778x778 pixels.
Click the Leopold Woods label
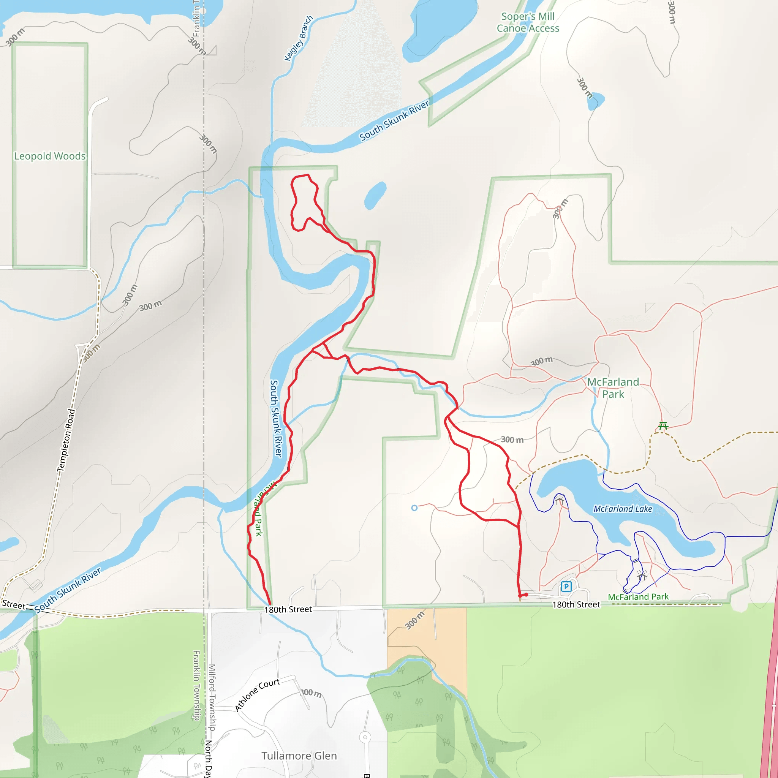[x=50, y=156]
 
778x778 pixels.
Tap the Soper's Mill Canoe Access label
[x=528, y=22]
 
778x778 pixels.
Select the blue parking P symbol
[x=566, y=586]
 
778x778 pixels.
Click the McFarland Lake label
[x=623, y=509]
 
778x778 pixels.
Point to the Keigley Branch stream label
[x=298, y=38]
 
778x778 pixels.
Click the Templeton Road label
[x=66, y=440]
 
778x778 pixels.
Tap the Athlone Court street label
[x=257, y=695]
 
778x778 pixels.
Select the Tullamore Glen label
[x=299, y=756]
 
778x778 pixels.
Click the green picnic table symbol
[x=663, y=425]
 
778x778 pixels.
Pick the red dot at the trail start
[x=526, y=595]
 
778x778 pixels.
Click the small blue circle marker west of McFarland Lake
[x=414, y=508]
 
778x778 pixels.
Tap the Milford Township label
[x=212, y=697]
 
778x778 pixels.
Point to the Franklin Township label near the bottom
[x=196, y=685]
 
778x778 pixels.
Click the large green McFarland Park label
[x=613, y=388]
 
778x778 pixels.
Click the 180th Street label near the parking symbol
[x=576, y=604]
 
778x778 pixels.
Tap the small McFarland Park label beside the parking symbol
[x=638, y=597]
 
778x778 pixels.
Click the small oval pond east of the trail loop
[x=375, y=195]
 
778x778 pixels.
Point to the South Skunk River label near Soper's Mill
[x=394, y=120]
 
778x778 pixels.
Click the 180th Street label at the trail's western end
[x=288, y=609]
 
